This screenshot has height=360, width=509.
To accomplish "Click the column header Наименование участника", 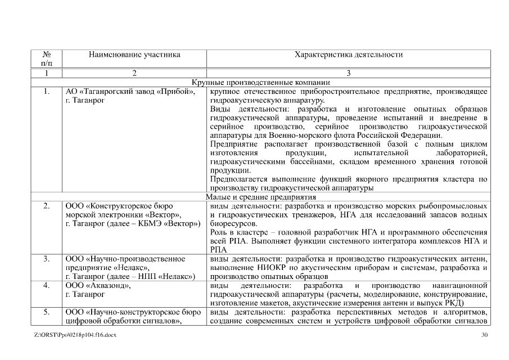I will pyautogui.click(x=134, y=55).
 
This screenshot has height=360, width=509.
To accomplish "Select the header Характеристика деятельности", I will pyautogui.click(x=348, y=55).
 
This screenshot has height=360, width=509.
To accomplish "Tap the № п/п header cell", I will pyautogui.click(x=47, y=59).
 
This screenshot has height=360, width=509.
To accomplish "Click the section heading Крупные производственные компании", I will pyautogui.click(x=260, y=82).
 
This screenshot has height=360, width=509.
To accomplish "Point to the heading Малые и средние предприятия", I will pyautogui.click(x=260, y=197).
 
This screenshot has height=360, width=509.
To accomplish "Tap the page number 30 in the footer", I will pyautogui.click(x=485, y=335).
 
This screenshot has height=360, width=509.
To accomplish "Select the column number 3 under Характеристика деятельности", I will pyautogui.click(x=348, y=73).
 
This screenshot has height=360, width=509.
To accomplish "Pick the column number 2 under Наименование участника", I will pyautogui.click(x=134, y=73).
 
